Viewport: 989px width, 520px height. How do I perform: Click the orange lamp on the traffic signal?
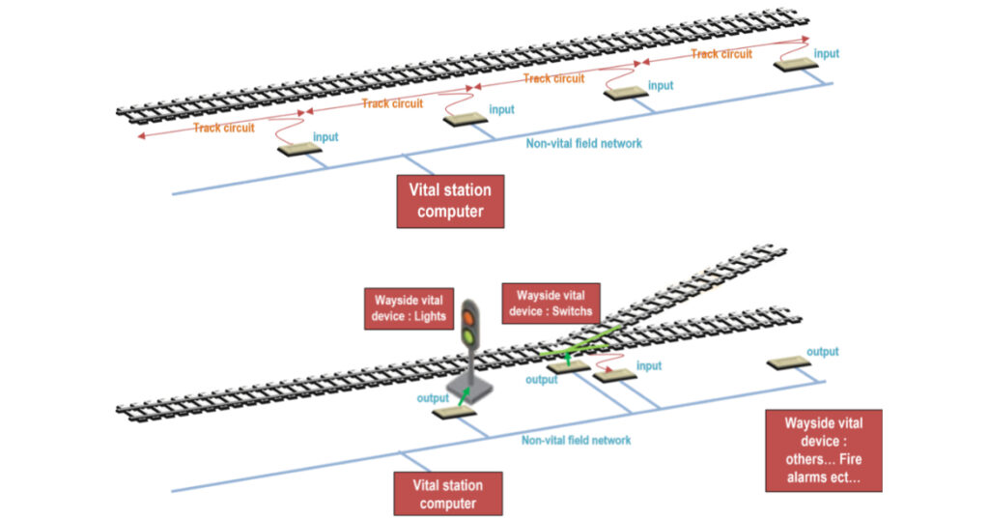point(469,316)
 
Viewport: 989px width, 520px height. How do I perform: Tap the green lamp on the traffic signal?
point(469,336)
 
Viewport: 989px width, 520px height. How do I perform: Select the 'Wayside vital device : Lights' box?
point(406,307)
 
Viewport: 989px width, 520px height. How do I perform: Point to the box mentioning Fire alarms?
point(823,450)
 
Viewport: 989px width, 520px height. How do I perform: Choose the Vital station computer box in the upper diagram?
point(450,201)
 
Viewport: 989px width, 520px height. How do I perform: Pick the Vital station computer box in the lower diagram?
point(447,493)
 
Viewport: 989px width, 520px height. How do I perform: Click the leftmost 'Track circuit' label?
point(224,128)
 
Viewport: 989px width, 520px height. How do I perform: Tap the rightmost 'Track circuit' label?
point(721,54)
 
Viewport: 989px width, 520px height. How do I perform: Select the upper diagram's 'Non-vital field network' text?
point(583,143)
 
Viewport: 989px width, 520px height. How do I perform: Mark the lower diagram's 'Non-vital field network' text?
point(577,440)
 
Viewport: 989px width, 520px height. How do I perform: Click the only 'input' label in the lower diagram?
point(649,366)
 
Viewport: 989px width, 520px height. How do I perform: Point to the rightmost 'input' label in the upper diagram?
point(827,54)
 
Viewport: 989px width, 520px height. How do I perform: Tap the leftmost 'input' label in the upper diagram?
point(325,137)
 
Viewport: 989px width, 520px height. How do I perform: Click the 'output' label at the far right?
point(823,352)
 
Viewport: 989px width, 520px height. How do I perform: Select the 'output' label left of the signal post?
point(433,397)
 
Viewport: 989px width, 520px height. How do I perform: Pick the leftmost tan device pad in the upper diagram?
point(300,150)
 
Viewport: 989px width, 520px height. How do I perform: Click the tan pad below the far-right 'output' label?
point(790,363)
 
